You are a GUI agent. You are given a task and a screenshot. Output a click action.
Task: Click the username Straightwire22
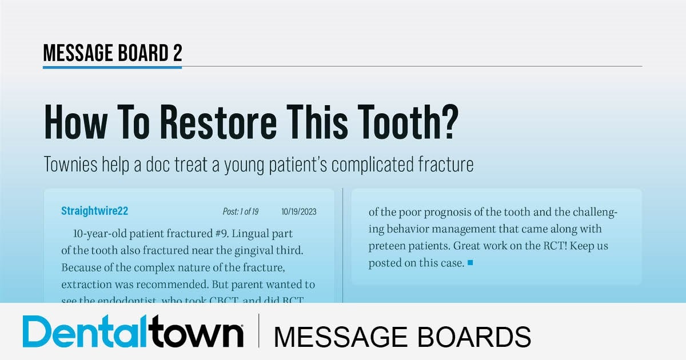pos(94,211)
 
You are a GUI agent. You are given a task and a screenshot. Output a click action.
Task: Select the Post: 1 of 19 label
pos(240,212)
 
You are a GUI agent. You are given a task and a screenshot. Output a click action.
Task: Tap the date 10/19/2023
pos(298,212)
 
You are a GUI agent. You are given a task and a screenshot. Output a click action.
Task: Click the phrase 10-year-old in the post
pos(100,234)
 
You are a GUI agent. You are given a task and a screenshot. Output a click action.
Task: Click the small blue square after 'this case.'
pos(470,263)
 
